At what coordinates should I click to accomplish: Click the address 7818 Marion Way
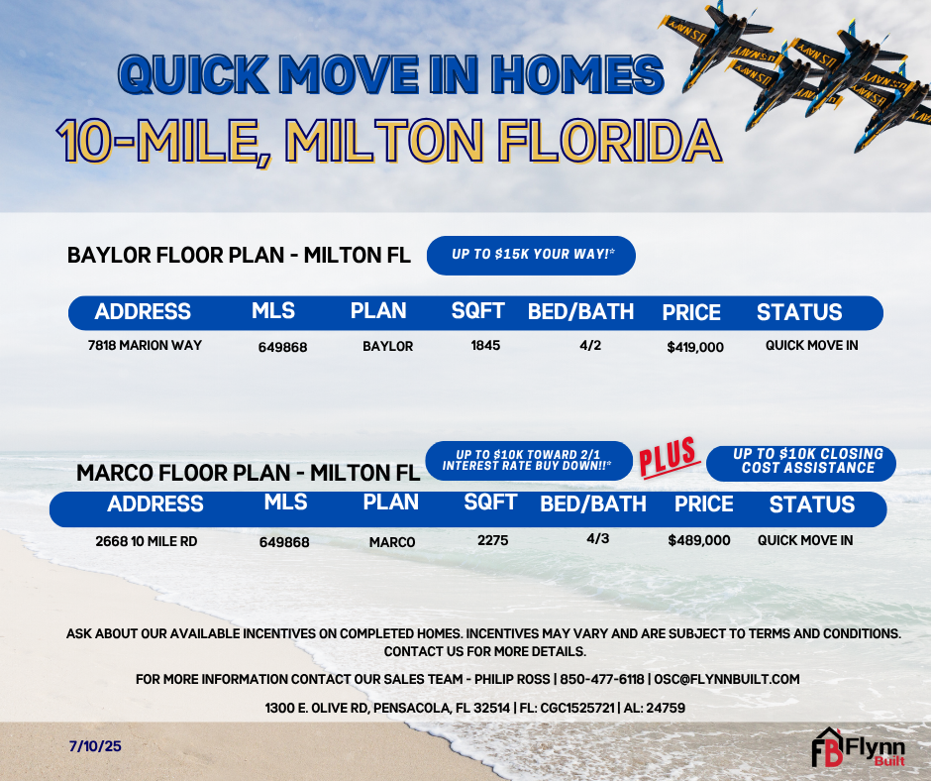[x=145, y=345]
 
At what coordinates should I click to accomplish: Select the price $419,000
[x=695, y=347]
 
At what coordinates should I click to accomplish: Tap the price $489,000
[x=699, y=540]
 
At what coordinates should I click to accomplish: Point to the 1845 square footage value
[x=485, y=345]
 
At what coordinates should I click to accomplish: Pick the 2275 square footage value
[x=493, y=540]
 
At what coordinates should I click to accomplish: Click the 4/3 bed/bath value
[x=598, y=538]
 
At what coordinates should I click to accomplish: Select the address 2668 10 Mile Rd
[x=146, y=541]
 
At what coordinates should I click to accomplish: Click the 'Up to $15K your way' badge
[x=532, y=256]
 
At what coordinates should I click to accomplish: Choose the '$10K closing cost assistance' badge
[x=801, y=463]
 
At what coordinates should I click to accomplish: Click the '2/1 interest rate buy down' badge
[x=529, y=461]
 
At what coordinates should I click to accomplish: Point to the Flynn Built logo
[x=858, y=747]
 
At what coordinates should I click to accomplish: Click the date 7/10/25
[x=95, y=746]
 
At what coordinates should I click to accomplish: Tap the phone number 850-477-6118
[x=602, y=679]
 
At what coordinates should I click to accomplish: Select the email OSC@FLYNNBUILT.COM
[x=727, y=679]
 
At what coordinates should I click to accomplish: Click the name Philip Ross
[x=512, y=679]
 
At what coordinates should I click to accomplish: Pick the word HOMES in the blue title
[x=577, y=75]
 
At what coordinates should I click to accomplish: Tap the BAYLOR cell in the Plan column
[x=387, y=347]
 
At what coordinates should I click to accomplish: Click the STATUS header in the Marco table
[x=812, y=504]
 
